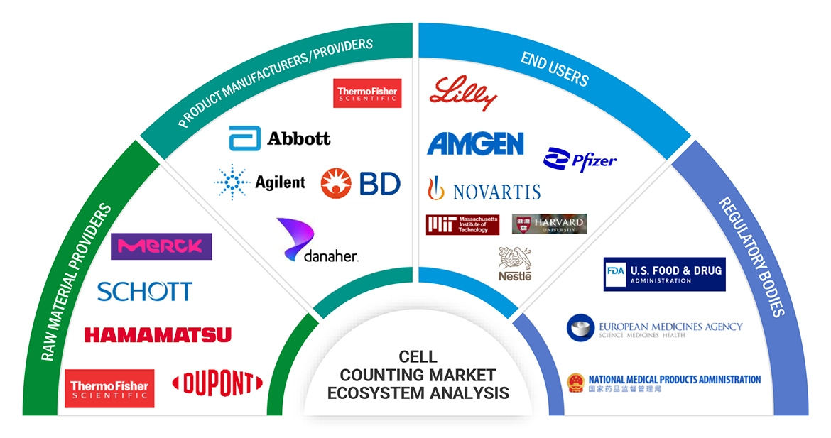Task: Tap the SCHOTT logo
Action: click(x=144, y=291)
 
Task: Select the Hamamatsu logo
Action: click(x=158, y=334)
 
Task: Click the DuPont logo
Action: click(x=217, y=384)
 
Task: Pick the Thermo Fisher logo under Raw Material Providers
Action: click(x=109, y=388)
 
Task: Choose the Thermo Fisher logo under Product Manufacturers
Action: click(x=367, y=93)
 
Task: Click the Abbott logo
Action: click(x=280, y=138)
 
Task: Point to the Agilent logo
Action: click(x=260, y=182)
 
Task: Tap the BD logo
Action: click(x=361, y=183)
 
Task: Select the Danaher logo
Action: click(x=318, y=242)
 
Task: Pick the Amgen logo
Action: click(x=475, y=143)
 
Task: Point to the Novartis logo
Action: click(x=484, y=190)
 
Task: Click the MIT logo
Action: click(x=462, y=224)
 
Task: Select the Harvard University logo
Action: click(x=549, y=224)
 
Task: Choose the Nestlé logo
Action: click(x=515, y=263)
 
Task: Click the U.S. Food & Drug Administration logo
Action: click(x=664, y=274)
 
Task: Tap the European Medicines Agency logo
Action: click(x=654, y=328)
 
